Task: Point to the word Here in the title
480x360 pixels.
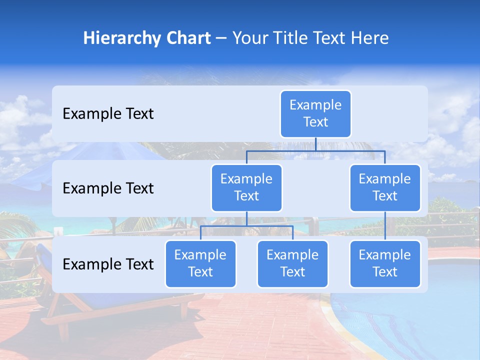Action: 369,38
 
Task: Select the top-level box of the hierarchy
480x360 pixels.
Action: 315,114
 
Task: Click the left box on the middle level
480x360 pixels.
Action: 246,188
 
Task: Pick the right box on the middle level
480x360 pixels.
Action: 385,188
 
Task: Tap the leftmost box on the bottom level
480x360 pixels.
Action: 200,264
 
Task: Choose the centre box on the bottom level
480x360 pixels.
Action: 292,264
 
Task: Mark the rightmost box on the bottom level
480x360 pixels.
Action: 385,264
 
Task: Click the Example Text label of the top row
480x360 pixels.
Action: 108,114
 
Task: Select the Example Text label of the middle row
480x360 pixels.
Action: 108,188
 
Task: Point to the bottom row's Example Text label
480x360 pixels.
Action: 108,264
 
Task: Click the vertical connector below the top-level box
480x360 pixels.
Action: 315,144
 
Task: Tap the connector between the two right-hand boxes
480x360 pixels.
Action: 385,226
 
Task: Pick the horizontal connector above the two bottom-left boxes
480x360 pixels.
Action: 246,226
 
